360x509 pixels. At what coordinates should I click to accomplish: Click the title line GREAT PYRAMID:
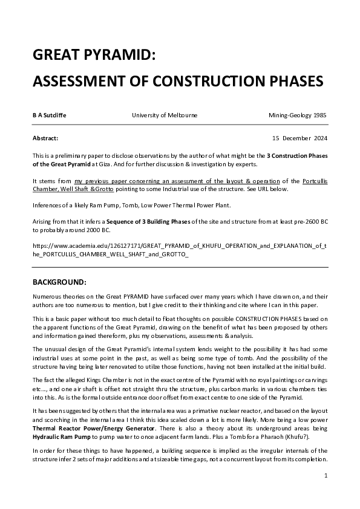click(x=94, y=56)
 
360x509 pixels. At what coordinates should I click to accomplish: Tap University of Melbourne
click(x=164, y=115)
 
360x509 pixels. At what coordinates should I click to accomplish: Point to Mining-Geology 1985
click(x=298, y=115)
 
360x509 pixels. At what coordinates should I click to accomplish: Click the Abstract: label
click(x=45, y=138)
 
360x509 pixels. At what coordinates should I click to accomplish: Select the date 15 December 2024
click(x=299, y=138)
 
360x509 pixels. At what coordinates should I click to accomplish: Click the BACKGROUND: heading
click(x=59, y=282)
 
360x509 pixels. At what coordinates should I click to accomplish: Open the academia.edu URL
click(x=179, y=250)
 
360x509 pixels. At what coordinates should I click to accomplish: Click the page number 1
click(x=326, y=476)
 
